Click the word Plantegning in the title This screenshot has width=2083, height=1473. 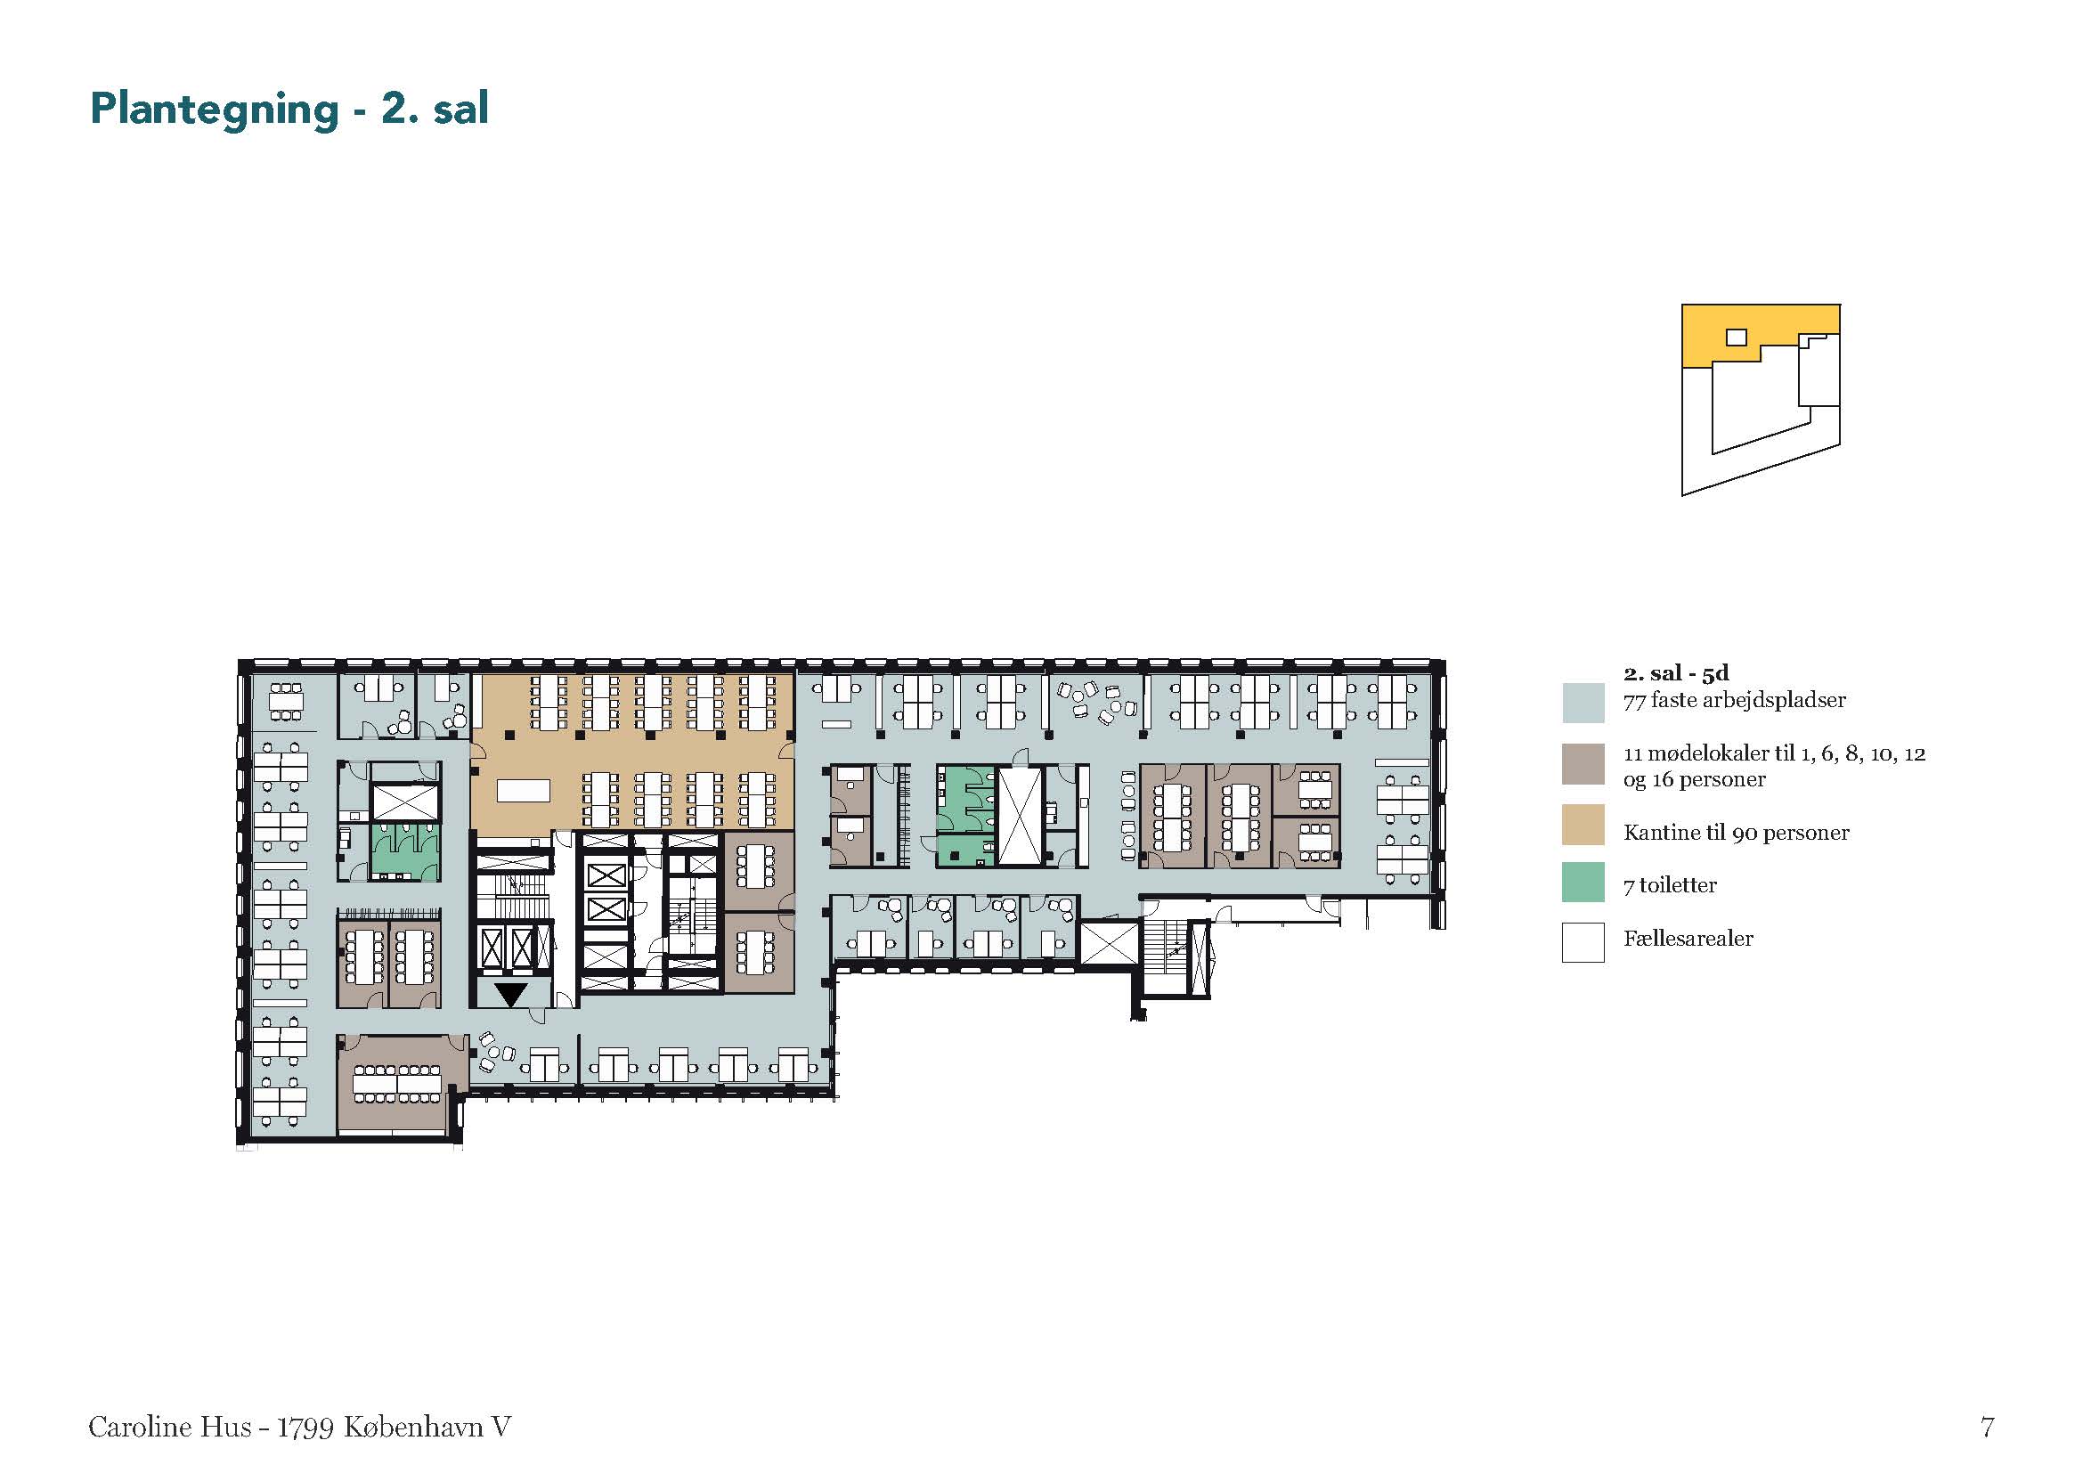pos(214,110)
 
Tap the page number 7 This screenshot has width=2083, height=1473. pos(1987,1427)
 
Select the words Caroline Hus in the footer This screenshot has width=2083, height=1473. pos(170,1427)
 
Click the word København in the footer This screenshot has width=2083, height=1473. pos(414,1427)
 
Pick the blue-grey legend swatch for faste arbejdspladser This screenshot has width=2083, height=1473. pos(1583,702)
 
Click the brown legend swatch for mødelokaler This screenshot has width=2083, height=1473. pos(1583,764)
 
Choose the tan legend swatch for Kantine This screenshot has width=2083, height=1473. pos(1583,825)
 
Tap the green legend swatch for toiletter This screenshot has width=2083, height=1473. pos(1583,882)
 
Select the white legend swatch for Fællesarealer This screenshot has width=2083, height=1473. pos(1583,942)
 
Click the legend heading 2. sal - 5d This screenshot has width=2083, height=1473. pos(1676,673)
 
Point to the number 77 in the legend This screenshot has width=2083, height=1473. pos(1635,700)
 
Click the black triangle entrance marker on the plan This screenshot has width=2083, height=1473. pos(511,994)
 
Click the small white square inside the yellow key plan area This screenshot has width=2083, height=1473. pos(1736,338)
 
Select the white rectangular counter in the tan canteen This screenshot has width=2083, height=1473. pos(524,791)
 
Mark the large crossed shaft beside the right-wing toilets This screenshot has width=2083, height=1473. pos(1019,816)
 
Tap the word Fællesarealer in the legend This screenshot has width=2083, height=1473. pos(1688,939)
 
